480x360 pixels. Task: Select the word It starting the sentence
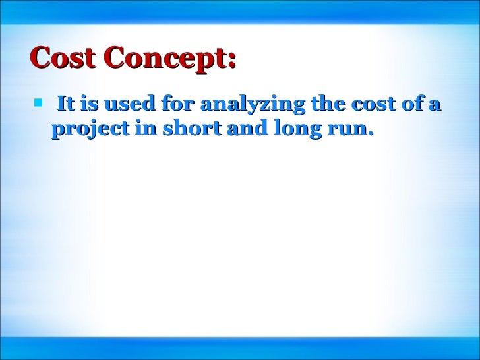click(x=65, y=104)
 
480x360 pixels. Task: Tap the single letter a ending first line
click(x=436, y=105)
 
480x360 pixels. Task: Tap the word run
click(x=344, y=129)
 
